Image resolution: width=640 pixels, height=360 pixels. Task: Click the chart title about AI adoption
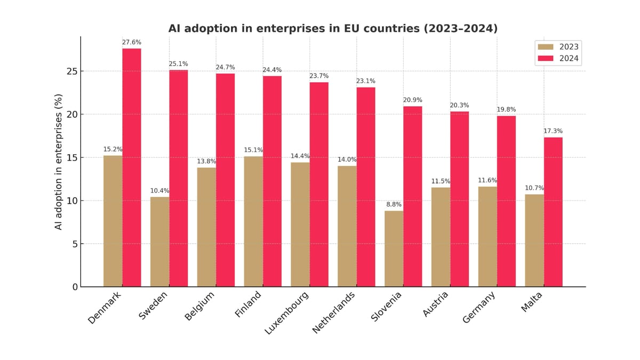333,28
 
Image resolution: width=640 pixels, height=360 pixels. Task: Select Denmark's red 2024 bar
132,167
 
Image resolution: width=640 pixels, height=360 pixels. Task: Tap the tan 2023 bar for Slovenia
394,249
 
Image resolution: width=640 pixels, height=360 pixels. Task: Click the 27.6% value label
132,42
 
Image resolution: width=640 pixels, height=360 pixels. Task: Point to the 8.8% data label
394,204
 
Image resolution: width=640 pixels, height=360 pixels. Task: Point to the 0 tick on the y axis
75,287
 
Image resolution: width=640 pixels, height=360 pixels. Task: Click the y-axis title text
59,162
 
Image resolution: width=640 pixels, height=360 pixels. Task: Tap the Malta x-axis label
531,302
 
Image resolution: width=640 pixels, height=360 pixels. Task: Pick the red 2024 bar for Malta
553,212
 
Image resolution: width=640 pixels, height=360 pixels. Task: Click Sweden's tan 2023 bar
159,242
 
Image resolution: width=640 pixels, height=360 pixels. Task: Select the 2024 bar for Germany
506,201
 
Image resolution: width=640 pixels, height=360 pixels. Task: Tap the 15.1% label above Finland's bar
253,150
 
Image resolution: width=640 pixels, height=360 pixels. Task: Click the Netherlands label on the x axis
334,313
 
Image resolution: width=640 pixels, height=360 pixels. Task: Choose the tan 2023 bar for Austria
441,237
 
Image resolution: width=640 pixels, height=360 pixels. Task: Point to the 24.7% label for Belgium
225,67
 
